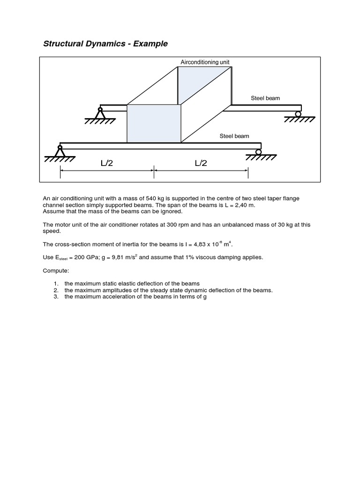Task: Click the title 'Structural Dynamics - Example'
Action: (x=105, y=44)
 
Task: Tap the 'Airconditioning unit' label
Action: (x=205, y=62)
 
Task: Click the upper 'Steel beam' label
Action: (x=265, y=98)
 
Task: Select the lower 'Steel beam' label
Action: (x=234, y=136)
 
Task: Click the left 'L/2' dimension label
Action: (x=107, y=163)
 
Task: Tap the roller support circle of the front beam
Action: (x=258, y=151)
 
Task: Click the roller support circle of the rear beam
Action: (x=298, y=113)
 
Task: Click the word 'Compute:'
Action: (x=56, y=270)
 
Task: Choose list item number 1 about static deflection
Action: (x=132, y=284)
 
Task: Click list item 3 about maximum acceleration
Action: (x=135, y=297)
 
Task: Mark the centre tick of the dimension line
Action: (x=154, y=172)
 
